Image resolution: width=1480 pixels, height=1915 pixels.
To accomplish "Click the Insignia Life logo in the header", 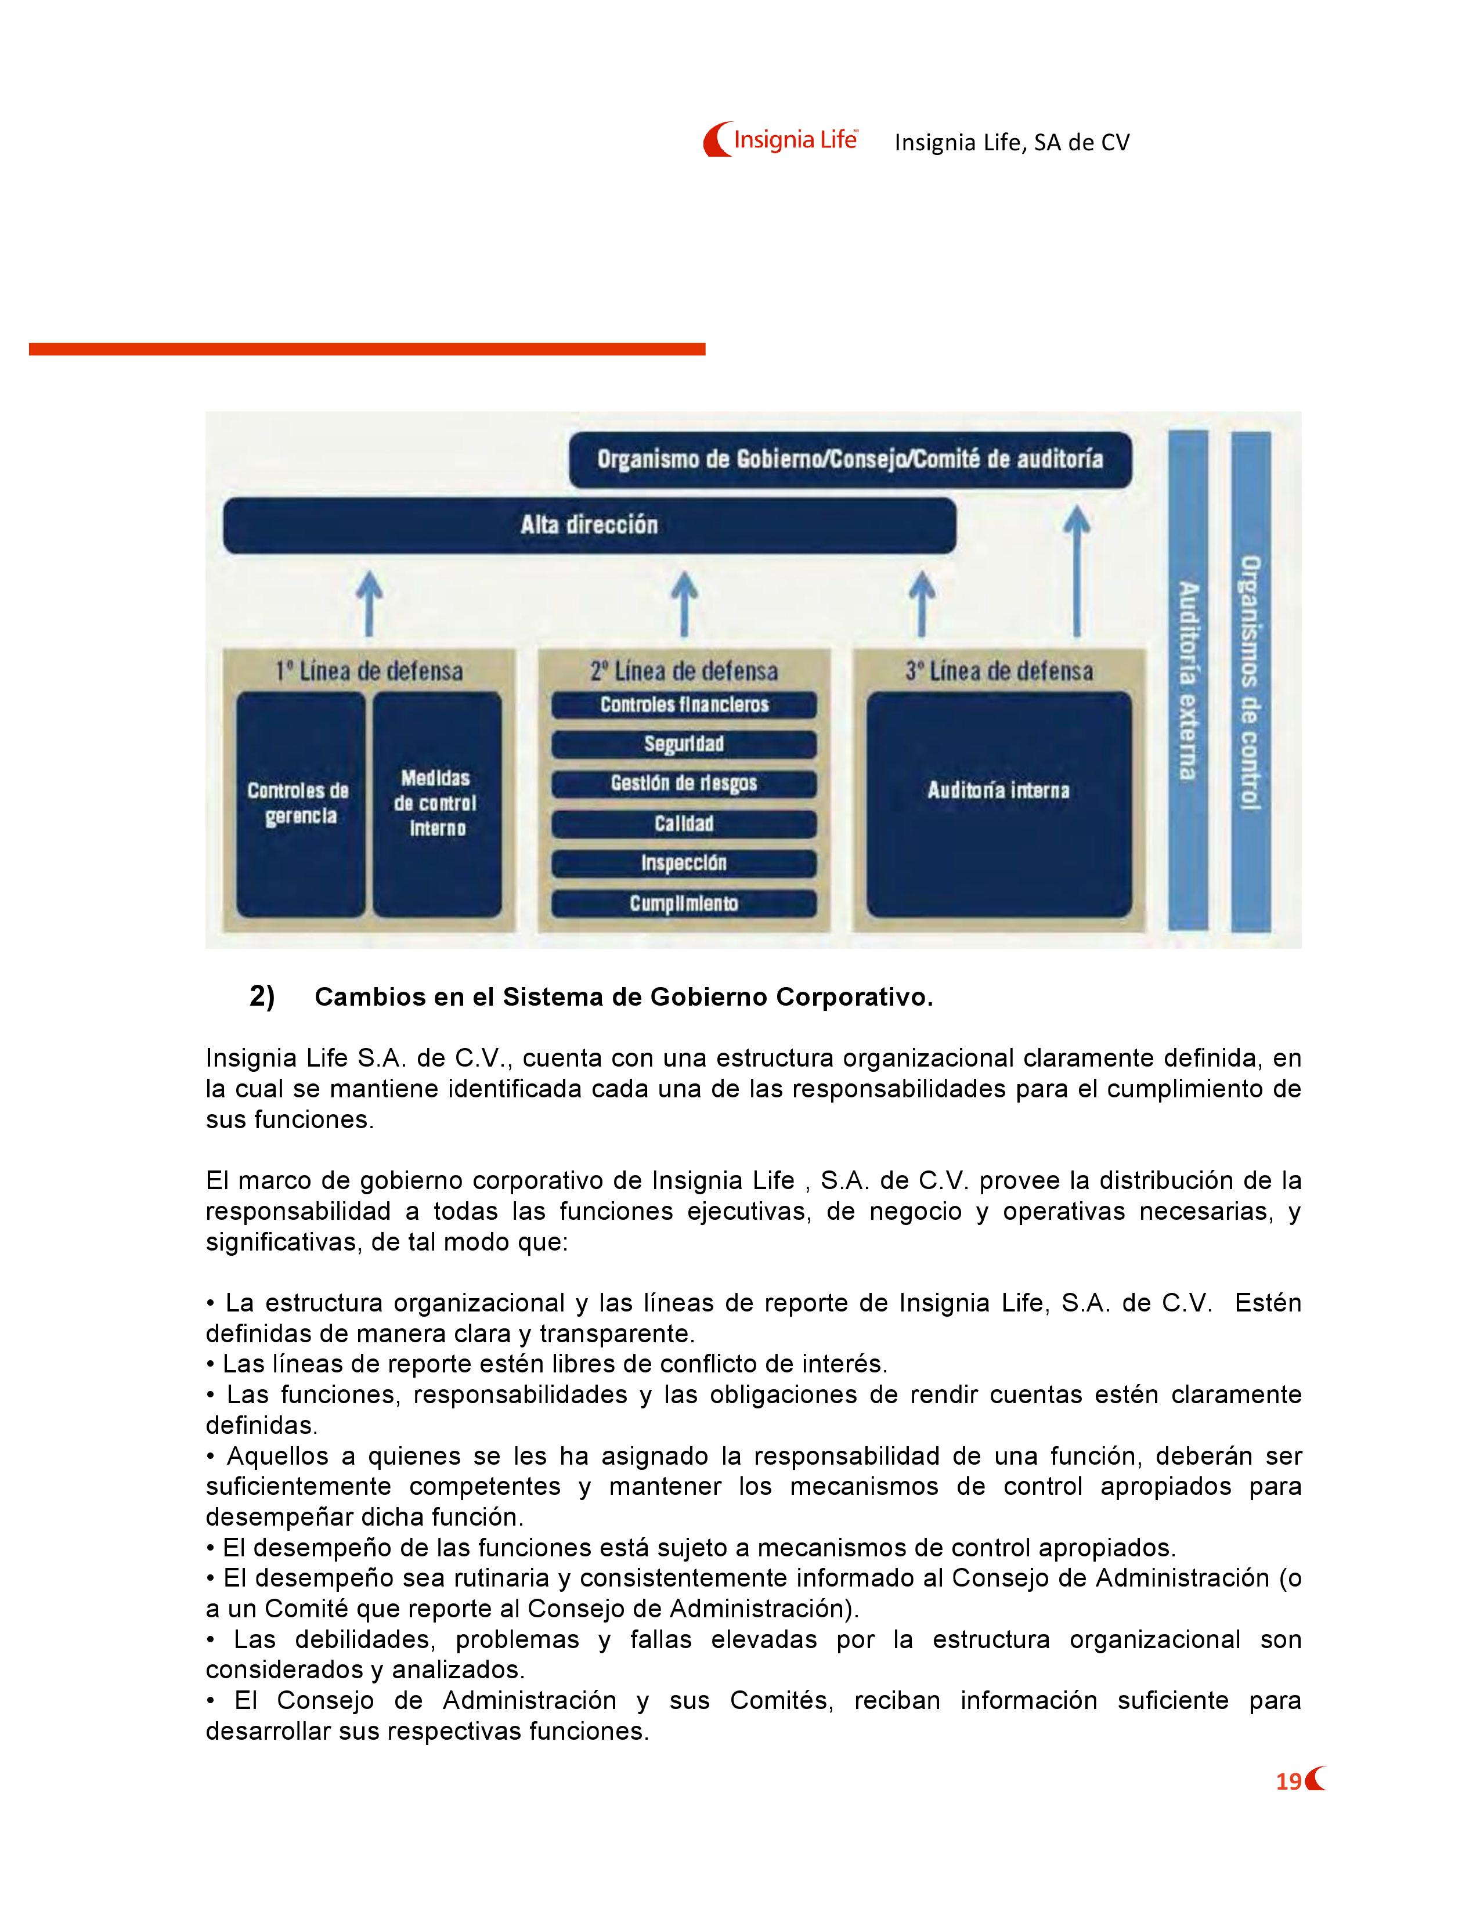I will coord(779,139).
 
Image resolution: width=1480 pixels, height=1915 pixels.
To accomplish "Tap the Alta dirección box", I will coord(589,525).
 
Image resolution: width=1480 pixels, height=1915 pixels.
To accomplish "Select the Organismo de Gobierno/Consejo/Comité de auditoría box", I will coord(850,460).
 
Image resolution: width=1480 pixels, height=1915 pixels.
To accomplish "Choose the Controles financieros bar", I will coord(684,705).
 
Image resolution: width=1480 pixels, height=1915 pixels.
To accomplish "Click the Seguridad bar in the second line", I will coord(684,745).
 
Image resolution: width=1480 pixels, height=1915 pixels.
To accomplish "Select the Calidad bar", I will coord(684,823).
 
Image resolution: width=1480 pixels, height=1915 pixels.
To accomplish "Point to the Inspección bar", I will coord(684,863).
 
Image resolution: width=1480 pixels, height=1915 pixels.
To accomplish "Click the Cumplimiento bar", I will coord(684,903).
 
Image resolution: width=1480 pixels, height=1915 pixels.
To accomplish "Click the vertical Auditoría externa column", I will coord(1188,681).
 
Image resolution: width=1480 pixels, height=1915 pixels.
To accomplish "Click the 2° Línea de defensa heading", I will coord(684,671).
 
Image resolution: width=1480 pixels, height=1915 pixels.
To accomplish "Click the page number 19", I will coord(1288,1781).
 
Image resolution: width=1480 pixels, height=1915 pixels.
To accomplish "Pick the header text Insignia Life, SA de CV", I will coord(1012,143).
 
